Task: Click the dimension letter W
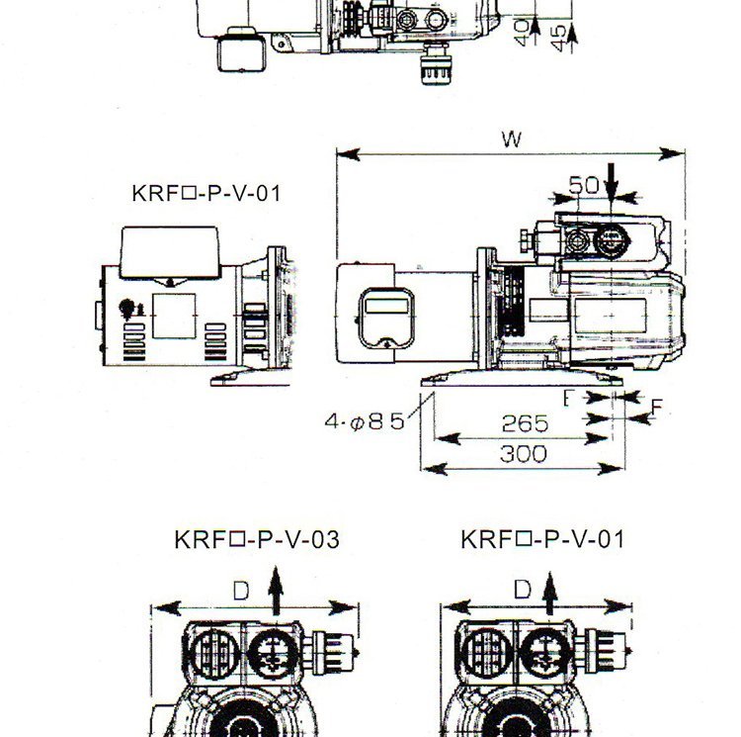coord(512,139)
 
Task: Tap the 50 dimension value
coord(584,185)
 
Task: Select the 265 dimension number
coord(525,423)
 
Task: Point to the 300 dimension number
coord(523,454)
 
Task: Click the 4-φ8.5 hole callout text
coord(365,421)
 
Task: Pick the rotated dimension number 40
coord(522,33)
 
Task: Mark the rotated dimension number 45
coord(558,39)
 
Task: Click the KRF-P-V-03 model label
coord(257,539)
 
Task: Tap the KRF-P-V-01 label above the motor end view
coord(206,194)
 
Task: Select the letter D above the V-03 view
coord(241,591)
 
